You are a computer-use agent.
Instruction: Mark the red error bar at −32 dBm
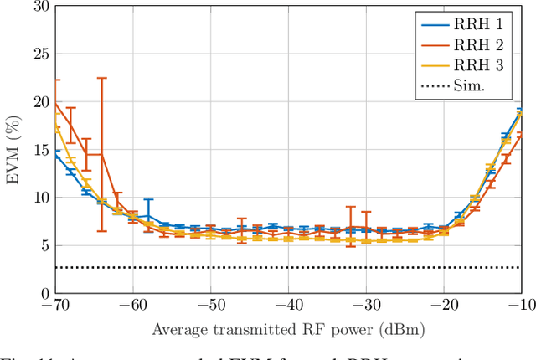pos(350,226)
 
